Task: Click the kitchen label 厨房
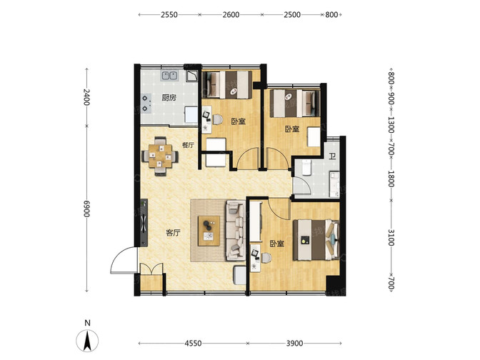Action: [x=169, y=98]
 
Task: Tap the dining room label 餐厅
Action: [x=188, y=145]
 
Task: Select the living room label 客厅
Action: [x=173, y=233]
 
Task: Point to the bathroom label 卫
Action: [x=332, y=157]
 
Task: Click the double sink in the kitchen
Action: [x=169, y=76]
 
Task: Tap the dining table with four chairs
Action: [x=160, y=156]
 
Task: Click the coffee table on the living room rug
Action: [x=209, y=231]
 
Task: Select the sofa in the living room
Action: [x=236, y=230]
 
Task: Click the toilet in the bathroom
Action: [x=306, y=168]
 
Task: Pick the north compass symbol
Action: [x=88, y=341]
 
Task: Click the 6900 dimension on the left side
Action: [x=87, y=209]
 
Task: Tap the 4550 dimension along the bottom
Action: [x=193, y=343]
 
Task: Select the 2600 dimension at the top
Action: [x=231, y=15]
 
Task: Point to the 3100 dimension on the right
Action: [x=391, y=237]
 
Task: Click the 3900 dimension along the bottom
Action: [x=294, y=343]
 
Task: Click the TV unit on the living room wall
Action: [x=144, y=223]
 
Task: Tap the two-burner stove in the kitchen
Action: [x=146, y=103]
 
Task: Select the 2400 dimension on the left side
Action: [x=87, y=96]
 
